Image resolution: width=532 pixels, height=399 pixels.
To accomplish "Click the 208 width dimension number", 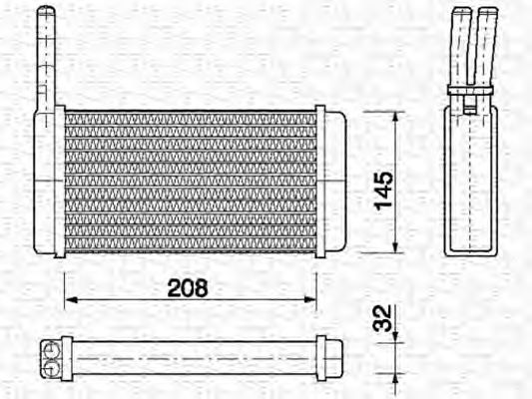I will [188, 288].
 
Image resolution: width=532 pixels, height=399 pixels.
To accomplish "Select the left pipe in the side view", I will [460, 45].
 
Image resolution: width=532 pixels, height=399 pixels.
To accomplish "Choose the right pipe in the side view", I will [486, 45].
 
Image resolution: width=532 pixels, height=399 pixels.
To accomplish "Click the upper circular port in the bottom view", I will [49, 347].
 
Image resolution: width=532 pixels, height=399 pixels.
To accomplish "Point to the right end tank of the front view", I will [333, 182].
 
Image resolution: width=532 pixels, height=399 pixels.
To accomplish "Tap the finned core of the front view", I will [190, 182].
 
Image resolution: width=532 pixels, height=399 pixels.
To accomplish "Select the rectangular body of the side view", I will [471, 180].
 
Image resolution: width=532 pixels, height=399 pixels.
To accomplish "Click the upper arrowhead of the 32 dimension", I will [397, 335].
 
